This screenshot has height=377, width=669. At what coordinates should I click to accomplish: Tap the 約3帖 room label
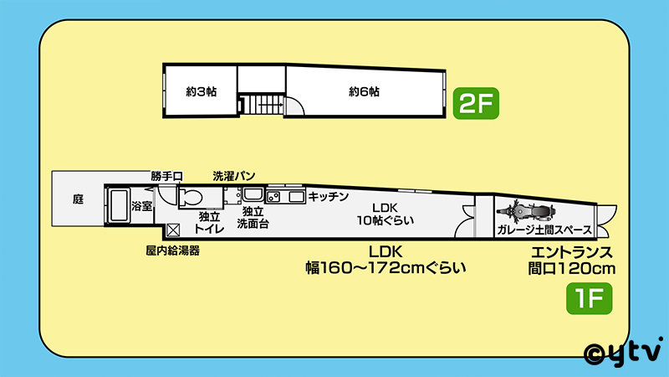pyautogui.click(x=201, y=91)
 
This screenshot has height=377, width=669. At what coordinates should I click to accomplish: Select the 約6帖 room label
pyautogui.click(x=365, y=91)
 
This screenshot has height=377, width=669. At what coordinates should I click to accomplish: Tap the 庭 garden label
pyautogui.click(x=78, y=199)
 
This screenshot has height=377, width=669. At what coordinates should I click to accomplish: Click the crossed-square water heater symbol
pyautogui.click(x=174, y=230)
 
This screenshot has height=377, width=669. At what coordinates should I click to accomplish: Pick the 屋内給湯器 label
pyautogui.click(x=172, y=250)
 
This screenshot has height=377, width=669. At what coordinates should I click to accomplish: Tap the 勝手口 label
pyautogui.click(x=166, y=176)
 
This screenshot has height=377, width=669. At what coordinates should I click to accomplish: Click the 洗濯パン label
pyautogui.click(x=234, y=176)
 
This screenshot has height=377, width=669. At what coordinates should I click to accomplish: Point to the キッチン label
pyautogui.click(x=329, y=196)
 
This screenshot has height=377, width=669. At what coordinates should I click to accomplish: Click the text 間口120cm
pyautogui.click(x=573, y=269)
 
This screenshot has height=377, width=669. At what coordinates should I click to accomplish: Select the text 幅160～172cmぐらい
pyautogui.click(x=386, y=269)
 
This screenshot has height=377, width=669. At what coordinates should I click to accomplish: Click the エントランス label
pyautogui.click(x=573, y=251)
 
